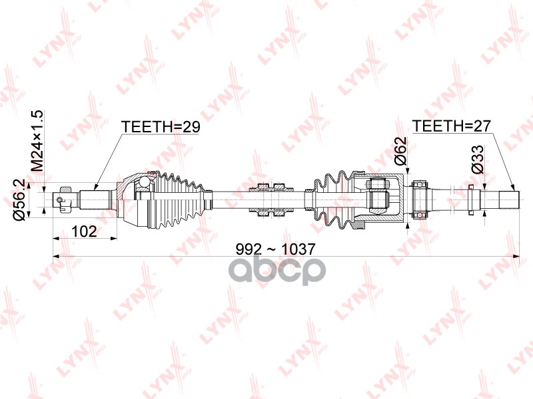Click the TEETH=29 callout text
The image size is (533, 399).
click(161, 127)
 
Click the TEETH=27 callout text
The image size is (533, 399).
click(452, 126)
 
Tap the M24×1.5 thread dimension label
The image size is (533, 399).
click(37, 141)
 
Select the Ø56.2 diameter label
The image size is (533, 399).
click(19, 200)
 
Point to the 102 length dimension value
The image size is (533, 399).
click(85, 231)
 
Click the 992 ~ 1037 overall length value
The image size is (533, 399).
click(276, 249)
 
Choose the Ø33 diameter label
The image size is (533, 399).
click(477, 160)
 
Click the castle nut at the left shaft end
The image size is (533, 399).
click(65, 199)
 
